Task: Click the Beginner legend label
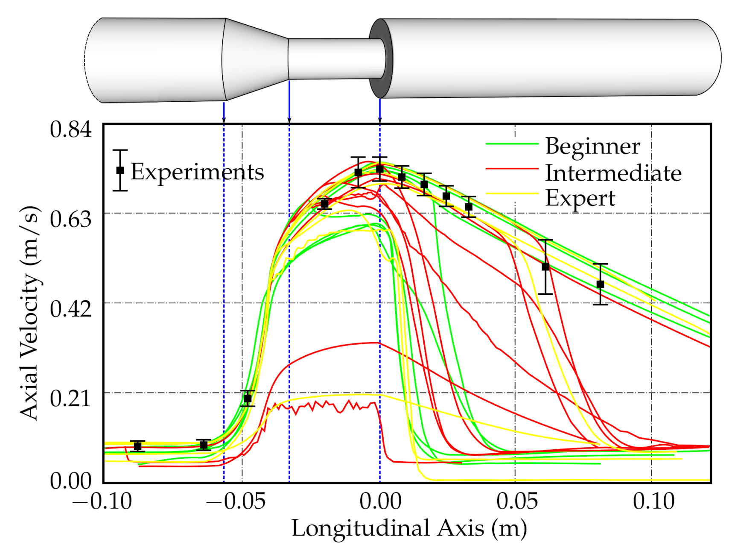click(x=592, y=147)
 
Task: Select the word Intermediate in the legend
click(x=613, y=173)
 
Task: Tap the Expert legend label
click(x=580, y=198)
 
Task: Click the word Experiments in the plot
click(x=197, y=172)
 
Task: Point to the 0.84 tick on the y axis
click(x=70, y=129)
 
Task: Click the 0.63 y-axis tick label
click(x=70, y=219)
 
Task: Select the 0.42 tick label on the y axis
click(x=70, y=308)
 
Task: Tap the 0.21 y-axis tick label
click(x=70, y=398)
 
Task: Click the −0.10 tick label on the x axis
click(x=102, y=501)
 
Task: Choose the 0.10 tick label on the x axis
click(x=653, y=501)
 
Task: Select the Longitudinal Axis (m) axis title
click(x=409, y=528)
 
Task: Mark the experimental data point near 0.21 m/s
click(x=248, y=399)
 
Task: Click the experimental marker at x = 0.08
click(x=600, y=284)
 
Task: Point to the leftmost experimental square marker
click(x=137, y=446)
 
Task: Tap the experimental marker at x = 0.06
click(x=545, y=267)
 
